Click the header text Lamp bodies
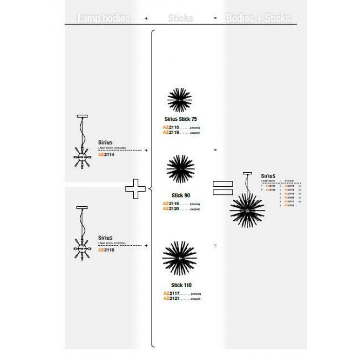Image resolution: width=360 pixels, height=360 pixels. pos(103,18)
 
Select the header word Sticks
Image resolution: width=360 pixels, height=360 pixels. pos(181,18)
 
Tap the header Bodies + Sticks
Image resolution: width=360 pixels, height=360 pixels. pos(258,18)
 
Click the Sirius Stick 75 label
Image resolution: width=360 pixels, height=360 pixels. pos(181,119)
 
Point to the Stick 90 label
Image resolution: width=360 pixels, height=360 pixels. pos(181,195)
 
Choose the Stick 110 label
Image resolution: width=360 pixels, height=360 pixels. pos(181,285)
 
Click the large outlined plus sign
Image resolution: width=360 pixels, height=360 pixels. pos(136,189)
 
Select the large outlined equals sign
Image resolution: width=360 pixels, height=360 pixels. pos(223,188)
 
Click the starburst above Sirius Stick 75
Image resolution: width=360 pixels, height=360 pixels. pos(180,100)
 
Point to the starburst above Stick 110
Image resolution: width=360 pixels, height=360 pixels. pos(179,259)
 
